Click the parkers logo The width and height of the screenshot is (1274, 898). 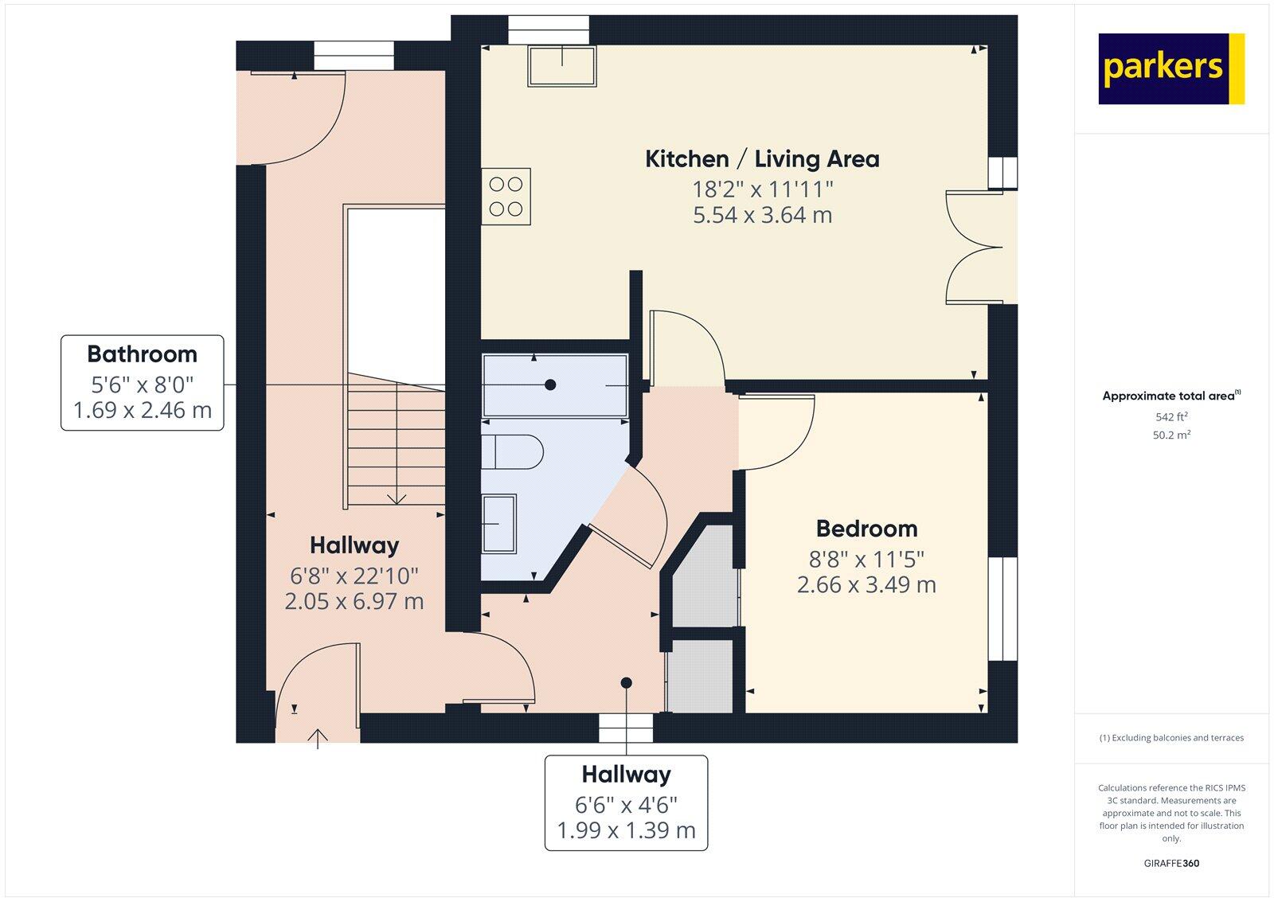pyautogui.click(x=1170, y=68)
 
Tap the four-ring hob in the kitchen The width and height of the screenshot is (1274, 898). pyautogui.click(x=506, y=197)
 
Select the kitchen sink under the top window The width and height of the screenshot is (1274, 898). pyautogui.click(x=561, y=66)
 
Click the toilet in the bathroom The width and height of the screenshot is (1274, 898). pyautogui.click(x=512, y=451)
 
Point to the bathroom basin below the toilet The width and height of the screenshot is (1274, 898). pyautogui.click(x=499, y=523)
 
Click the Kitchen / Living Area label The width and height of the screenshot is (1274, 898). pyautogui.click(x=762, y=159)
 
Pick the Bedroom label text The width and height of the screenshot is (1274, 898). pyautogui.click(x=866, y=529)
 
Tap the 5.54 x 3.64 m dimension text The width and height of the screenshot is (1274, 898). pyautogui.click(x=762, y=215)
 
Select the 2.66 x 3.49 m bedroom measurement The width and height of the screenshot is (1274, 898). pyautogui.click(x=866, y=584)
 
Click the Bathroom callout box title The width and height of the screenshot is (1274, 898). pyautogui.click(x=142, y=354)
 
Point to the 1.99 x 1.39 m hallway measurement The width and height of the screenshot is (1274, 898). pyautogui.click(x=626, y=830)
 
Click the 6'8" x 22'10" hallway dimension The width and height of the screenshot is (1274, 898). pyautogui.click(x=354, y=574)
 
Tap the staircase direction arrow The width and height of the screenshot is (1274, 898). pyautogui.click(x=397, y=498)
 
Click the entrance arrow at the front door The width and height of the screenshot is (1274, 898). pyautogui.click(x=318, y=739)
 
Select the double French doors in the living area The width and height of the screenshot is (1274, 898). pyautogui.click(x=973, y=247)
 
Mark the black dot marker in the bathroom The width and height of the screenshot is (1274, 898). pyautogui.click(x=550, y=385)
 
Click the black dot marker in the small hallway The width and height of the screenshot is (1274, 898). pyautogui.click(x=626, y=682)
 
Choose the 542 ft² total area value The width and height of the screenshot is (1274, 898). pyautogui.click(x=1171, y=416)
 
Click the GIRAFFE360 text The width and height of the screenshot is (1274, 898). pyautogui.click(x=1171, y=863)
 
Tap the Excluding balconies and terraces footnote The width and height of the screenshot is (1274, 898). pyautogui.click(x=1171, y=738)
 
